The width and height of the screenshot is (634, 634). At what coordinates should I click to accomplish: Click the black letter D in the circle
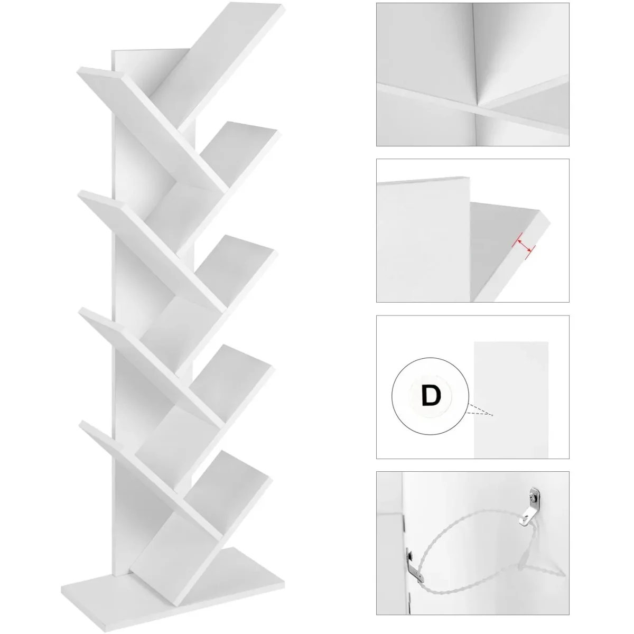(x=431, y=396)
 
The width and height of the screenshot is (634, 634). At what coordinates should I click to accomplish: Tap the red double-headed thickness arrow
(x=524, y=246)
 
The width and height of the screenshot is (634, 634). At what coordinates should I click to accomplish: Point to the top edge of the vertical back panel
(x=151, y=50)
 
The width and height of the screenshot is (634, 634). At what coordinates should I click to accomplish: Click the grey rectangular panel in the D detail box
(x=511, y=400)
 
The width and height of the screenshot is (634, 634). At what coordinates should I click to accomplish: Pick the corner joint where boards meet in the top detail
(x=477, y=106)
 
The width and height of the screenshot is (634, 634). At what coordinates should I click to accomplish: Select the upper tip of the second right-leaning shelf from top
(x=279, y=131)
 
